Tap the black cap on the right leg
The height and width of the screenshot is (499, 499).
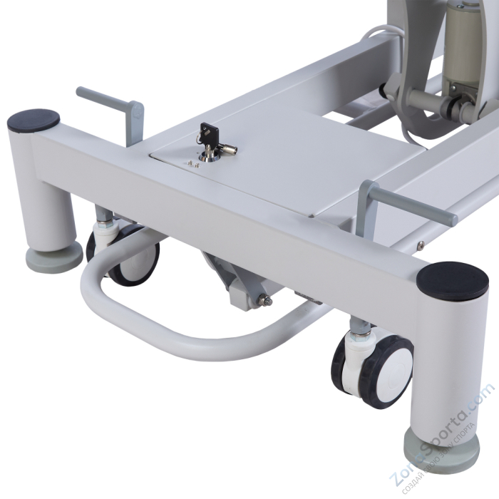click(x=452, y=280)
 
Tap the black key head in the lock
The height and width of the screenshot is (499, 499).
click(x=209, y=132)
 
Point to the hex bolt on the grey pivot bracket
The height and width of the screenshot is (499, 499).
click(x=266, y=300)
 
